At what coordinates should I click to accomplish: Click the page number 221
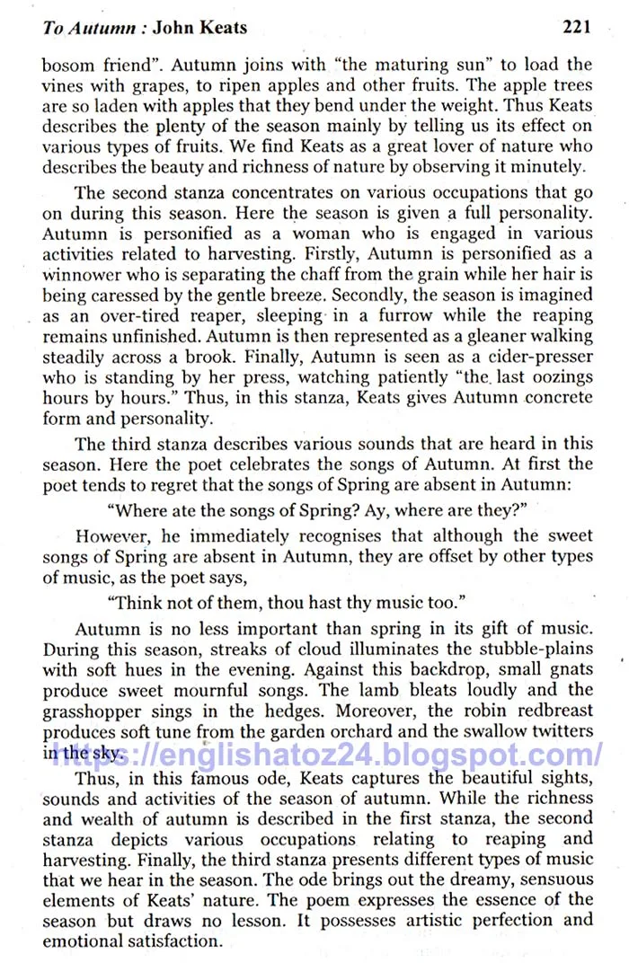(x=575, y=27)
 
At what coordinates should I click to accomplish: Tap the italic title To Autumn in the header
(x=91, y=28)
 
